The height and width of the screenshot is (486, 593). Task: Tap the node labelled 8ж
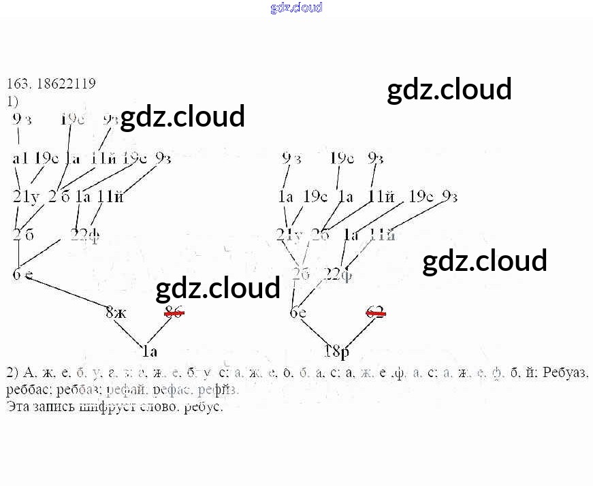pyautogui.click(x=116, y=313)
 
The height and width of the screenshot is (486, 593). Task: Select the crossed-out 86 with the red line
pyautogui.click(x=174, y=312)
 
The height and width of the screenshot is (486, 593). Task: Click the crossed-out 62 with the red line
pyautogui.click(x=375, y=312)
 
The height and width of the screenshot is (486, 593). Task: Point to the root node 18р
pyautogui.click(x=336, y=352)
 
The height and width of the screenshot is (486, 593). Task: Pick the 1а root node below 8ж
pyautogui.click(x=150, y=352)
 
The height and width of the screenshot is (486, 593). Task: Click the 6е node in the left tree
pyautogui.click(x=22, y=275)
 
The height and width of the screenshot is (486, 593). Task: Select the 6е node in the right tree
pyautogui.click(x=298, y=313)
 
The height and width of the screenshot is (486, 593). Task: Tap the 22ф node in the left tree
pyautogui.click(x=85, y=236)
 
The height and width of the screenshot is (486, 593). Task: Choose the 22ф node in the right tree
pyautogui.click(x=338, y=274)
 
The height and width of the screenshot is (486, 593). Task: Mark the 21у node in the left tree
pyautogui.click(x=27, y=197)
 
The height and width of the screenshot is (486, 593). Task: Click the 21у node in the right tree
pyautogui.click(x=289, y=236)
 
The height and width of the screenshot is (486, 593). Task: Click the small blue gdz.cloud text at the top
pyautogui.click(x=296, y=7)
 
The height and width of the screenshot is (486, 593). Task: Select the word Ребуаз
pyautogui.click(x=568, y=374)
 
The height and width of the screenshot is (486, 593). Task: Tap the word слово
pyautogui.click(x=161, y=408)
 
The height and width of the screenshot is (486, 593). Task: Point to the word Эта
pyautogui.click(x=18, y=408)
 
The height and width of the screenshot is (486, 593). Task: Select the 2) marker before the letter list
pyautogui.click(x=12, y=374)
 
